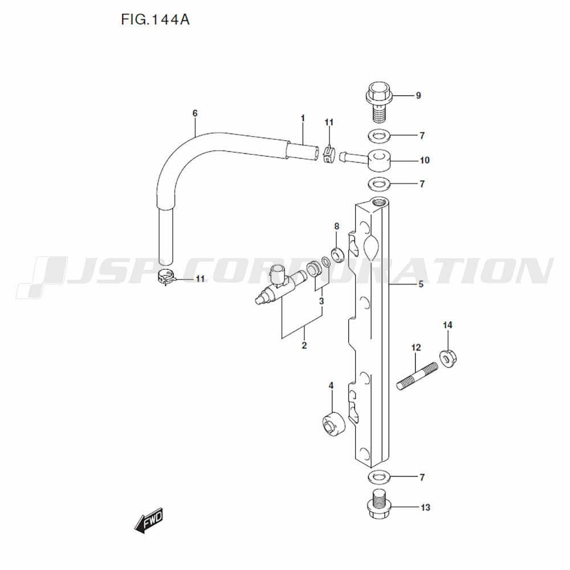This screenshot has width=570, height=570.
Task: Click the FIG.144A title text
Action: pos(155,20)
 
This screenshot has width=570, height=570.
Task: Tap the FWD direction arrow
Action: pos(149,521)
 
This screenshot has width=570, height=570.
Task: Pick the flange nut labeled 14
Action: pos(448,357)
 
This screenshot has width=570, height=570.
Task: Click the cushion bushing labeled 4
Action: pos(333,423)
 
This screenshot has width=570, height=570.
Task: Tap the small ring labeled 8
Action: pos(337,254)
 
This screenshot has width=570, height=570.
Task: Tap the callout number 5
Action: pos(421,284)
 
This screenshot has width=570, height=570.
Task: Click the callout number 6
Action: pos(195,113)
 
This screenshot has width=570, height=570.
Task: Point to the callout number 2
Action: pos(304,345)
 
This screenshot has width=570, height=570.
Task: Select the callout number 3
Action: pos(321,300)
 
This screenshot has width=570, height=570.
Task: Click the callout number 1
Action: pos(303,118)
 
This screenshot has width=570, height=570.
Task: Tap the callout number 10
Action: pos(424,160)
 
